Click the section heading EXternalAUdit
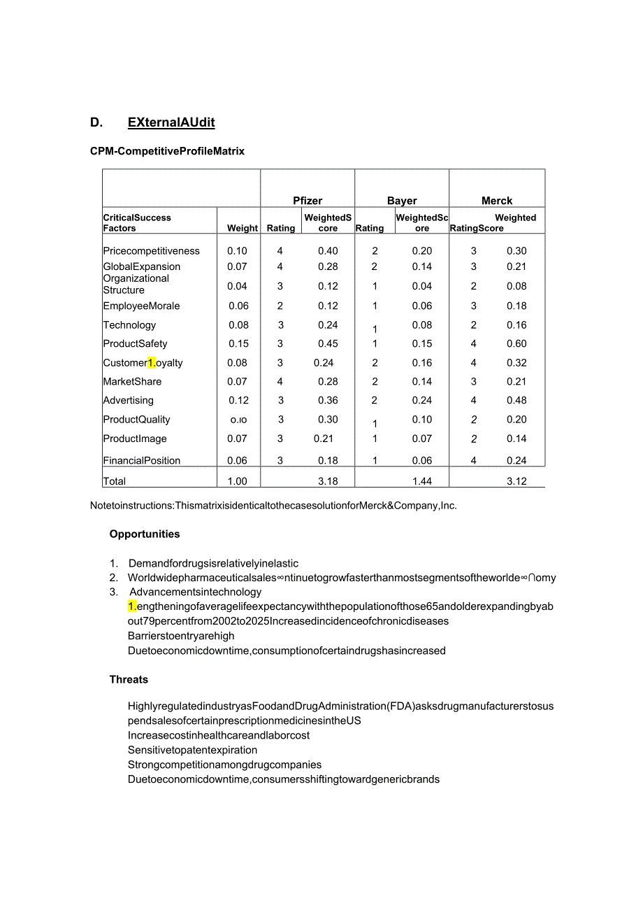click(171, 122)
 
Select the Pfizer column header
click(308, 201)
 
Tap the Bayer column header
click(402, 201)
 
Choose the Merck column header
click(497, 201)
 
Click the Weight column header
click(243, 228)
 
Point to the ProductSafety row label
click(135, 343)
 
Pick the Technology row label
click(129, 325)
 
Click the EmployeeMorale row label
click(141, 306)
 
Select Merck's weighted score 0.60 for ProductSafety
click(516, 343)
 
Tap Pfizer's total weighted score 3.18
click(328, 481)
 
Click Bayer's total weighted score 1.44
click(422, 481)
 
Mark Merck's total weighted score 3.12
click(516, 481)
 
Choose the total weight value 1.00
click(237, 481)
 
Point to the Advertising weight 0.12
click(238, 400)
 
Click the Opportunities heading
click(145, 534)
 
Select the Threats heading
click(129, 679)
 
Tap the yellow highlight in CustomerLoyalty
click(152, 362)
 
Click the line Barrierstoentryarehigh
click(181, 636)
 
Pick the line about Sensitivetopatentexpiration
click(192, 750)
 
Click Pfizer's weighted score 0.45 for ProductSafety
click(328, 343)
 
